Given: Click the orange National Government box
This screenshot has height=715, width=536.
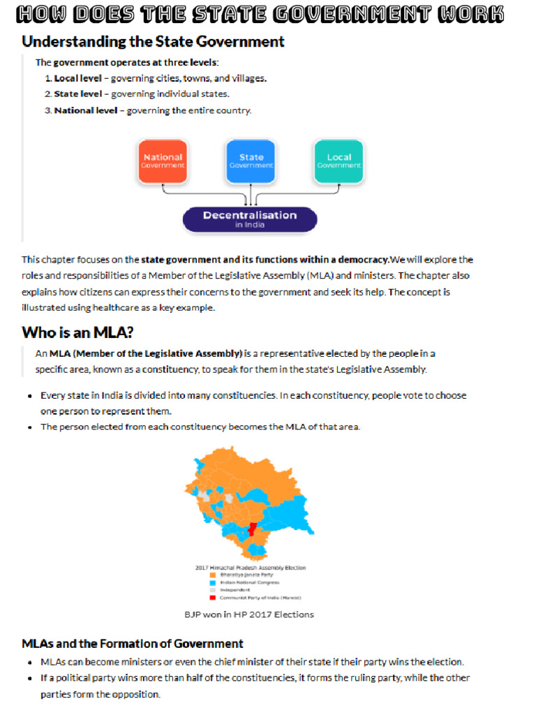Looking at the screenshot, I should click(163, 161).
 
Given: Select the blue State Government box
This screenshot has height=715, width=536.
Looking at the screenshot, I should click(251, 161).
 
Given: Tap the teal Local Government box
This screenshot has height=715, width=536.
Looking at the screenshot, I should click(338, 161).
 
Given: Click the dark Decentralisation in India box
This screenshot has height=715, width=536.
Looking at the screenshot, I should click(250, 219).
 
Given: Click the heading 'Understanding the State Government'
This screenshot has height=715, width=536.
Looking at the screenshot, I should click(153, 42).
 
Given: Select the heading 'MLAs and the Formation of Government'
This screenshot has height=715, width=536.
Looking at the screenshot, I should click(133, 643).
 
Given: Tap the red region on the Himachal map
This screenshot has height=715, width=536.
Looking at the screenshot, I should click(253, 530).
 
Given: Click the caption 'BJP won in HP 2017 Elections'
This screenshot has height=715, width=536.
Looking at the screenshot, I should click(249, 614).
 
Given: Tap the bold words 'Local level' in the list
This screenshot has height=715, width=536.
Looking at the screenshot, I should click(77, 78).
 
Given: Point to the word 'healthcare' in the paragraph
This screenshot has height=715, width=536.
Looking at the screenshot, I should click(129, 307).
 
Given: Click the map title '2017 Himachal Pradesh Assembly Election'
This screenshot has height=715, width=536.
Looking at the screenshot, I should click(250, 568).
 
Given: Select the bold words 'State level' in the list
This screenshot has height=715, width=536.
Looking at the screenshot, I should click(77, 94).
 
